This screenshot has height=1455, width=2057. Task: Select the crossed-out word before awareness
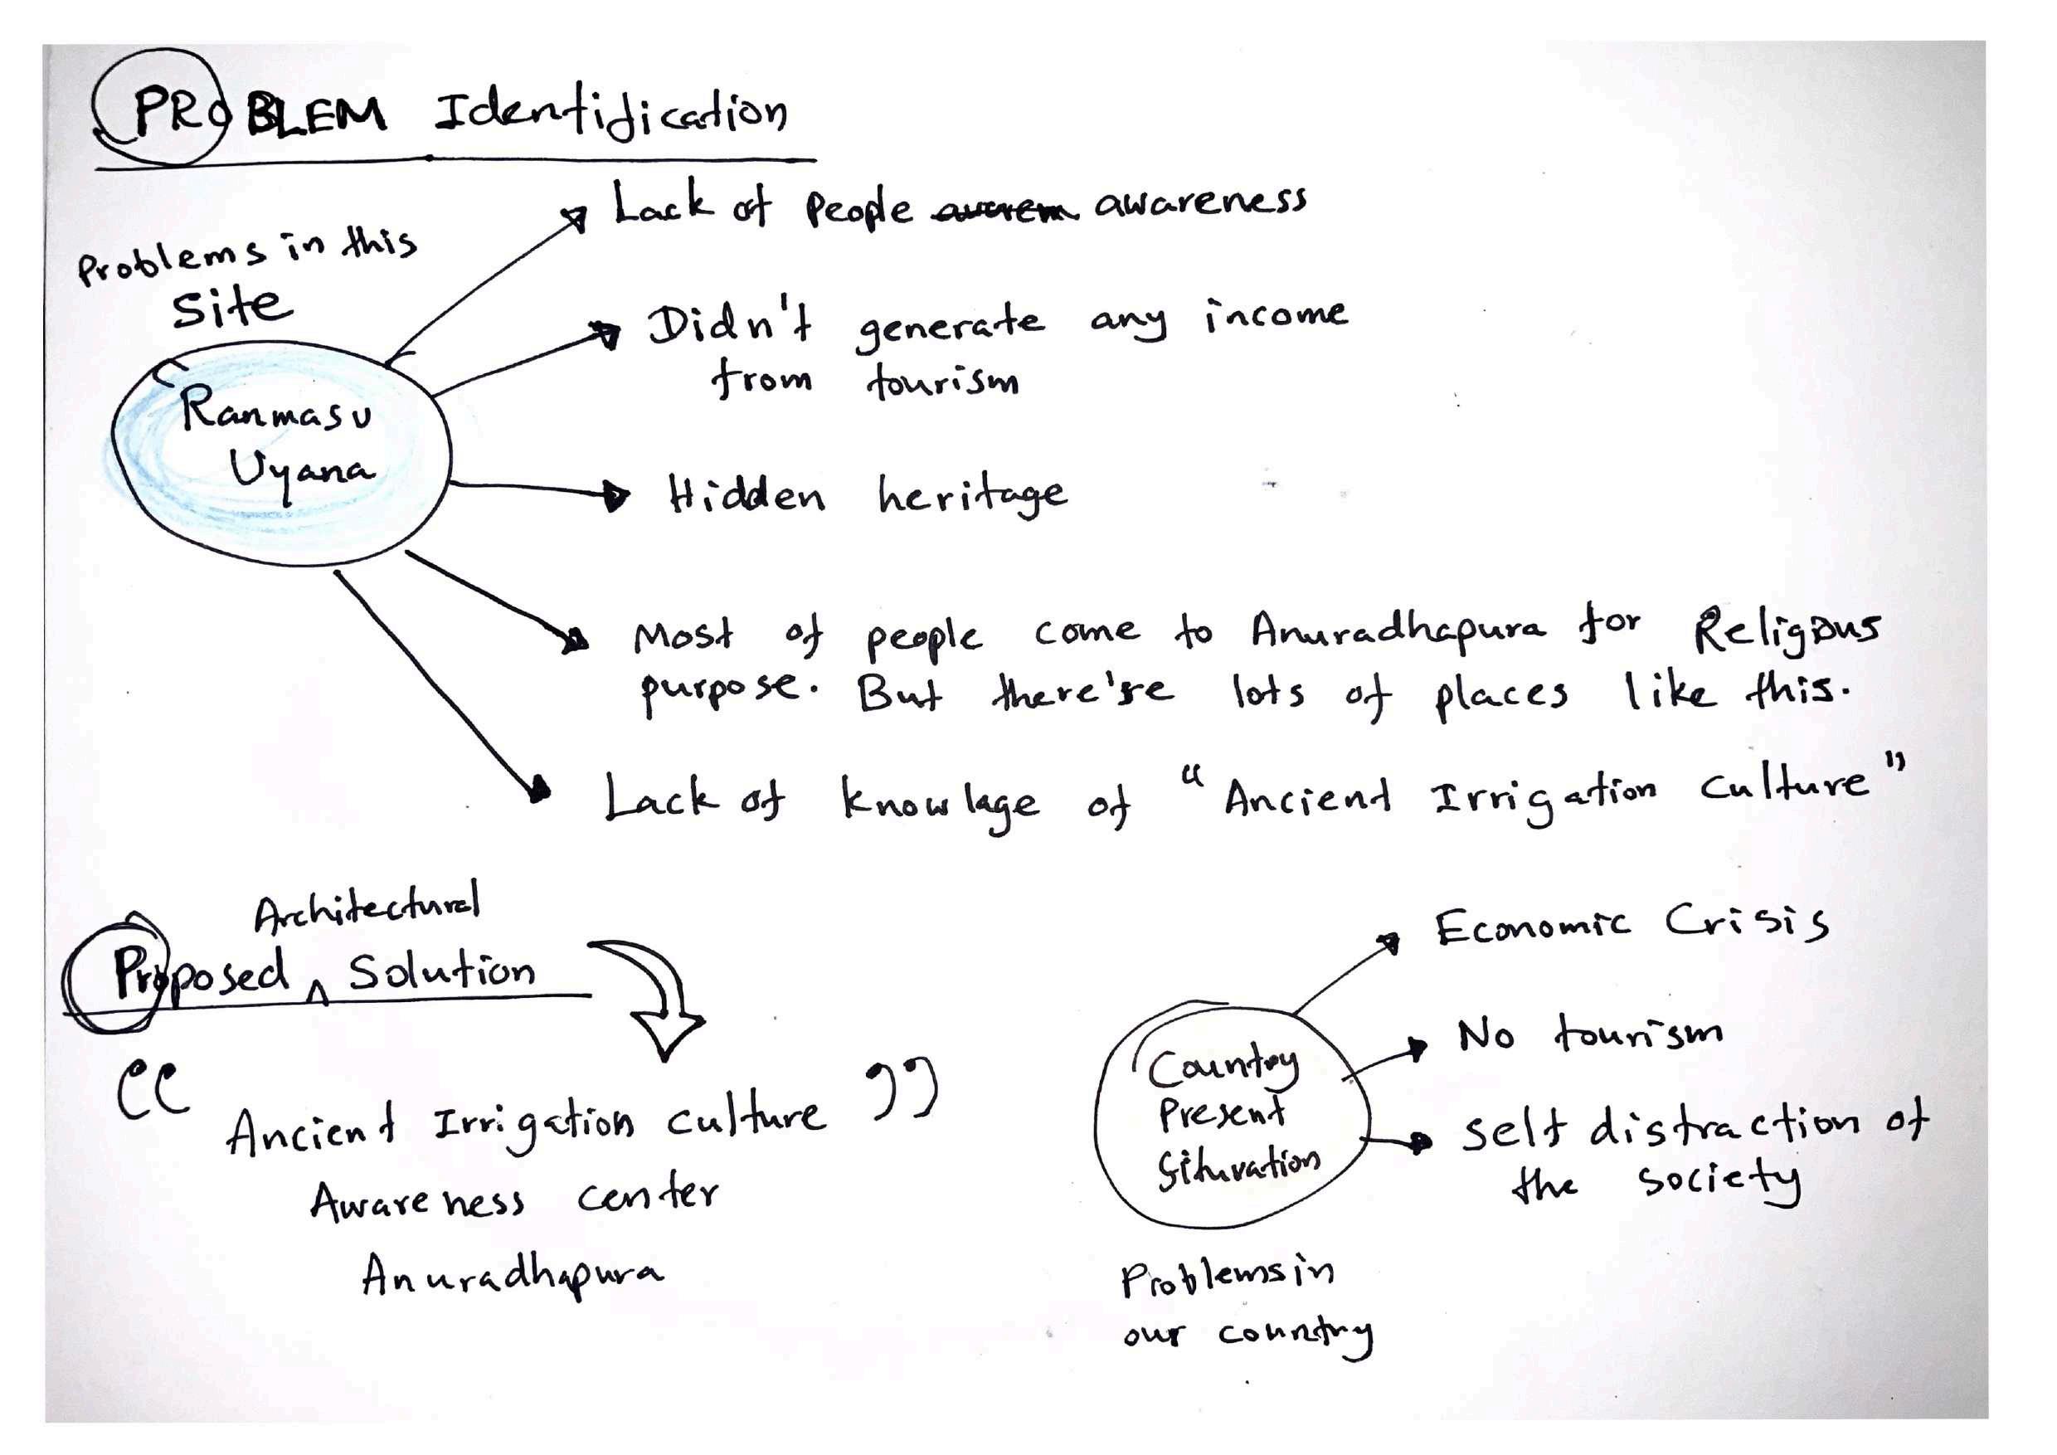pos(1003,212)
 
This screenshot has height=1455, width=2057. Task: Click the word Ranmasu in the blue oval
pos(276,413)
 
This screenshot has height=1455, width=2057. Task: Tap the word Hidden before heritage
pos(746,495)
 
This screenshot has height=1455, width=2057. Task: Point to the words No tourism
pos(1589,1034)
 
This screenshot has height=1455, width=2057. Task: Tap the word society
pos(1719,1182)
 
